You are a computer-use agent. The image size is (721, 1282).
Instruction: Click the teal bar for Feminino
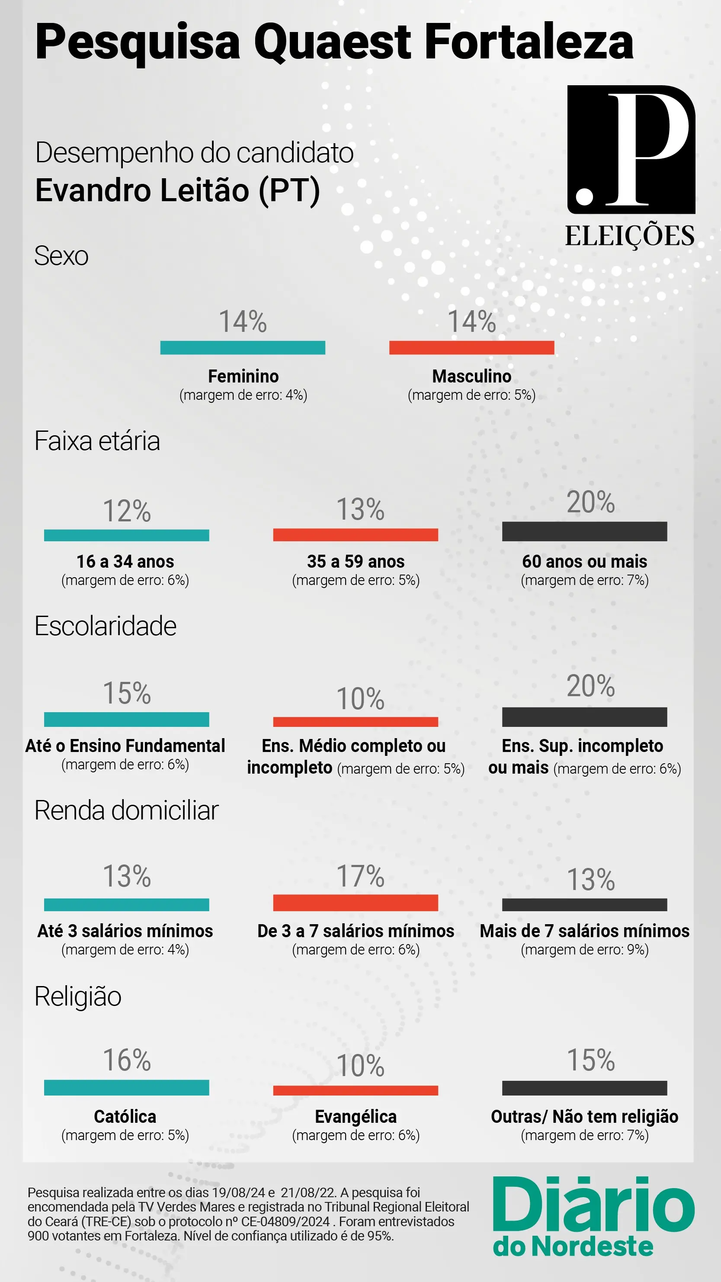tap(242, 347)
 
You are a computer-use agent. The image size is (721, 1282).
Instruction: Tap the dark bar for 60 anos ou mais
tap(584, 531)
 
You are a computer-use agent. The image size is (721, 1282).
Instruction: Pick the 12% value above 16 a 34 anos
tap(126, 511)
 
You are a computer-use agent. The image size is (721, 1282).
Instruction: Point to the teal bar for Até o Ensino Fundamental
tap(126, 719)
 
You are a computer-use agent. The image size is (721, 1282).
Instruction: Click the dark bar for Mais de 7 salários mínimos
tap(584, 904)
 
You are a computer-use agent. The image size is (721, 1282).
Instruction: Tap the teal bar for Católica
tap(126, 1087)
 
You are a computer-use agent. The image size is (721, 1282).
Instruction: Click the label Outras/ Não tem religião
tap(584, 1117)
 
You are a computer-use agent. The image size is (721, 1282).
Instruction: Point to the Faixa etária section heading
tap(97, 441)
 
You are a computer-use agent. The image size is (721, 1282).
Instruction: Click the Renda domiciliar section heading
tap(126, 811)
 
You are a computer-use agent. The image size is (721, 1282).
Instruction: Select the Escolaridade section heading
tap(106, 626)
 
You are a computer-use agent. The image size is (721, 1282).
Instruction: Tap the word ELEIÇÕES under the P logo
tap(629, 236)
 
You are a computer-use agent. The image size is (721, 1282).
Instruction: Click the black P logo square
tap(631, 149)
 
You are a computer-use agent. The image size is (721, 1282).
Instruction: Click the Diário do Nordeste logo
tap(593, 1215)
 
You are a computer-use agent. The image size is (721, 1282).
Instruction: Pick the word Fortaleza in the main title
tap(529, 42)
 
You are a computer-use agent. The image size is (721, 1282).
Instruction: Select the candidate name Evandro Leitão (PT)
tap(178, 191)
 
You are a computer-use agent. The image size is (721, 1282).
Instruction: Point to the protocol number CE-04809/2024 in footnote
tap(285, 1222)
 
